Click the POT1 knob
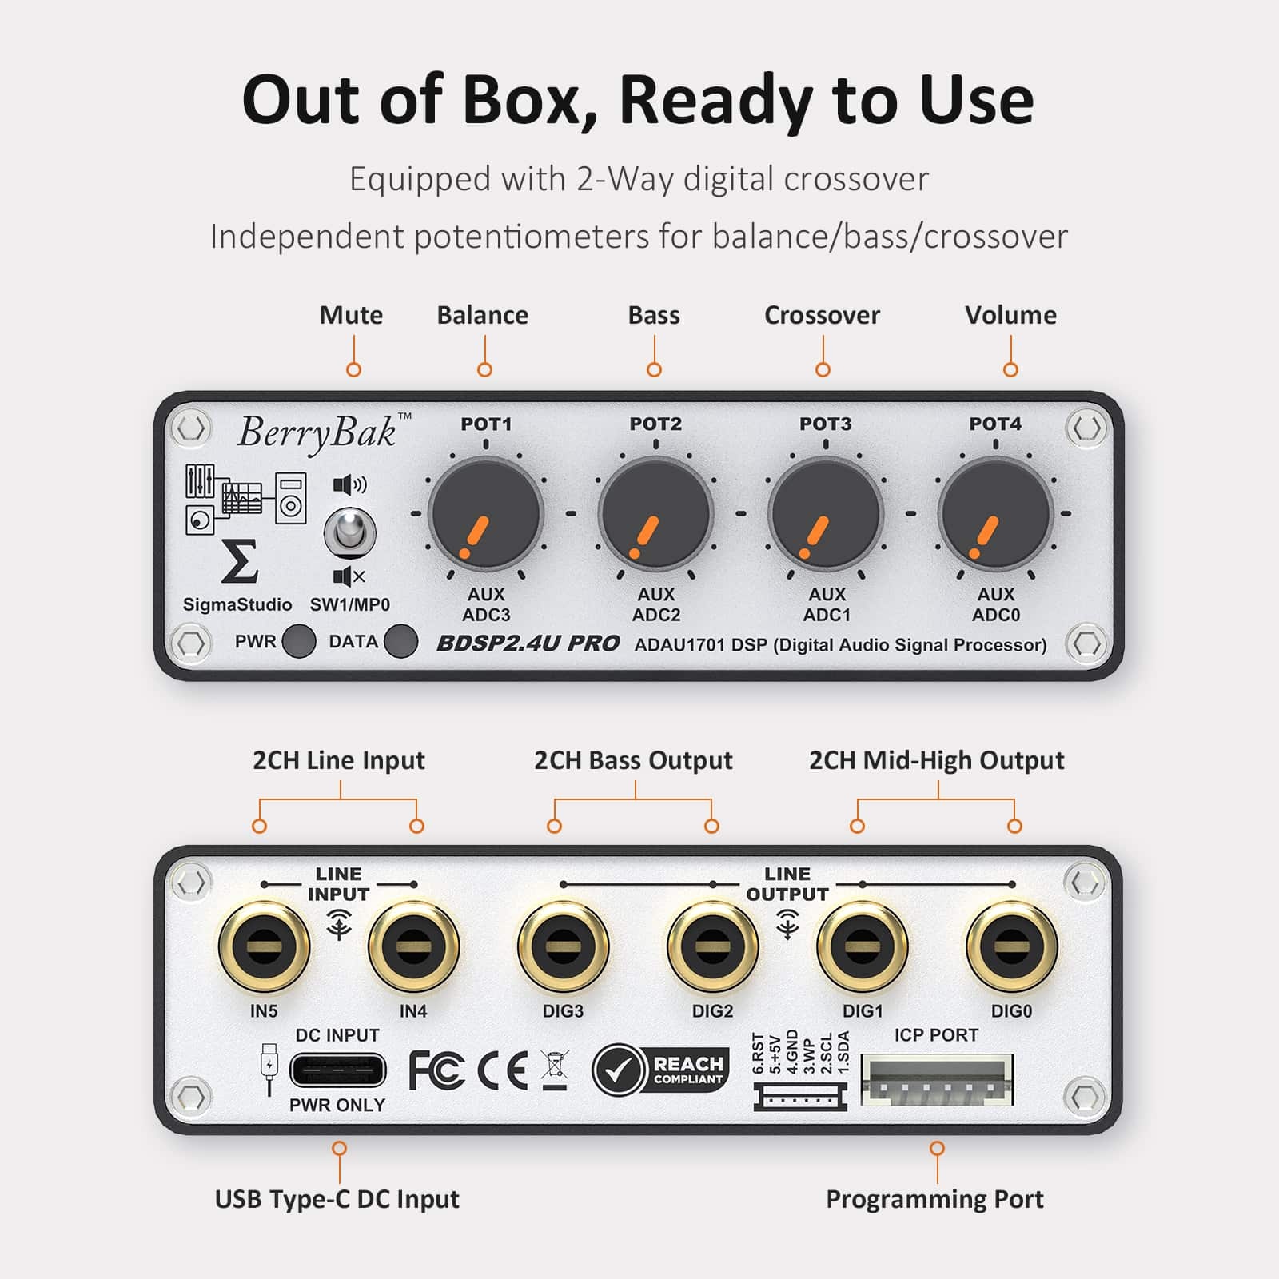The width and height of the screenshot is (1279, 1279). point(485,513)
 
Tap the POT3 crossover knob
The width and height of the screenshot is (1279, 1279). point(825,513)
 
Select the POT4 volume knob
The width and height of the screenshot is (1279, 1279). point(995,513)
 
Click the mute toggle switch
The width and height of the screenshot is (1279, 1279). point(349,532)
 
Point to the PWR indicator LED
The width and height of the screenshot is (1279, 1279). point(299,641)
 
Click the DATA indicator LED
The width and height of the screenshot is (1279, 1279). point(400,641)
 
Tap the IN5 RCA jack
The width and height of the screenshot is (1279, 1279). point(264,947)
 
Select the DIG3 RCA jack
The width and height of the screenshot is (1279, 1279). point(563,947)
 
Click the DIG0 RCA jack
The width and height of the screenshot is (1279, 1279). point(1011,947)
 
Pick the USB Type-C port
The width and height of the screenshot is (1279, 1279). point(337,1070)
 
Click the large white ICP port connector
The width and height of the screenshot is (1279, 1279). point(937,1081)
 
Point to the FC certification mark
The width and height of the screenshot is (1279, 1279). point(436,1070)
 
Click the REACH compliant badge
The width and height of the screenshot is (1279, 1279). point(661,1070)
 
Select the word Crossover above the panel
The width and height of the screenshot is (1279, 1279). point(822,315)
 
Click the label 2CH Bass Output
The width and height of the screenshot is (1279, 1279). point(633,760)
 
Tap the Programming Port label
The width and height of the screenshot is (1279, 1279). point(934,1199)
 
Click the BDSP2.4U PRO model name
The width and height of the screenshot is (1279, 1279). point(528,643)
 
